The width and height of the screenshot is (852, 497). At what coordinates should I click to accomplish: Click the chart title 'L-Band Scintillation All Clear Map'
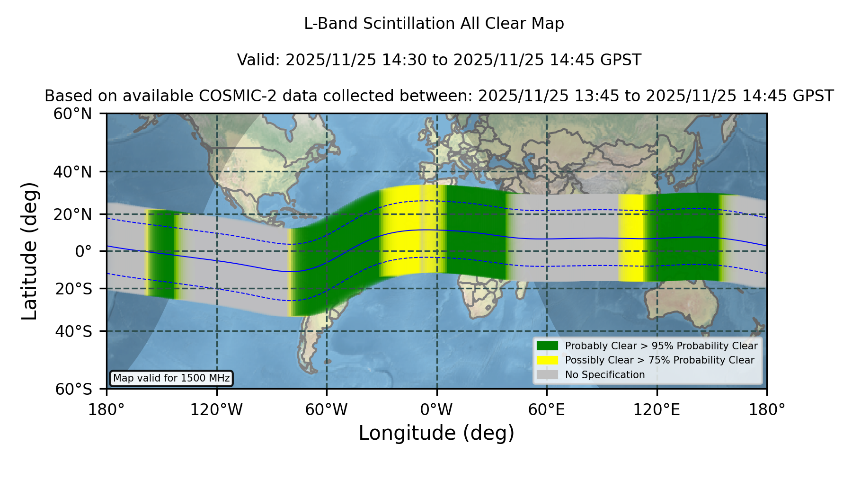point(434,24)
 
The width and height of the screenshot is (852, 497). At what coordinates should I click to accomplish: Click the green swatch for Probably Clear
point(547,346)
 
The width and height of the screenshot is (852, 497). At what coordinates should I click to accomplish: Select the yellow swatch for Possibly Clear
point(547,360)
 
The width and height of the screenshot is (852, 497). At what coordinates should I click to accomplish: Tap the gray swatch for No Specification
point(547,375)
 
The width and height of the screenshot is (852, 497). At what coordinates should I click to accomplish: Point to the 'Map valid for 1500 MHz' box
point(171,378)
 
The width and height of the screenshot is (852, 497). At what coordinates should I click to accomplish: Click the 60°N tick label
point(73,114)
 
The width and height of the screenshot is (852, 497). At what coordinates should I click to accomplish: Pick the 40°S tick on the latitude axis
point(73,331)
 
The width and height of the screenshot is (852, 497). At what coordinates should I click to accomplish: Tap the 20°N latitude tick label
point(73,214)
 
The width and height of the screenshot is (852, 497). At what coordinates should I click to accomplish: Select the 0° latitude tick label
point(83,251)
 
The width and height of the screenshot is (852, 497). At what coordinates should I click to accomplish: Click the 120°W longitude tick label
point(216,410)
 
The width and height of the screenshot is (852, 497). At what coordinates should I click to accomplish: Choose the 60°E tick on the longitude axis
point(547,410)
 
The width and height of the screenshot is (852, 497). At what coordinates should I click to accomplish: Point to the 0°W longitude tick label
point(436,410)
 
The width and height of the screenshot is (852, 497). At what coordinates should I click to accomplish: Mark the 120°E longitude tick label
point(657,410)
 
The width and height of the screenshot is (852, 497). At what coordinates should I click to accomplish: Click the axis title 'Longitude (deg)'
point(436,433)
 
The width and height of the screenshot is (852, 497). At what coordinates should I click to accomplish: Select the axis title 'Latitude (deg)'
point(29,251)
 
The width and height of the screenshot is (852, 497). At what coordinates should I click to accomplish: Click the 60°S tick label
point(73,389)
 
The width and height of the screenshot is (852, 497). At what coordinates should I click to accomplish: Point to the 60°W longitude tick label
point(326,410)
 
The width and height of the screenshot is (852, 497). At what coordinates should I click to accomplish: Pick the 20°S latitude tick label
point(73,289)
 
